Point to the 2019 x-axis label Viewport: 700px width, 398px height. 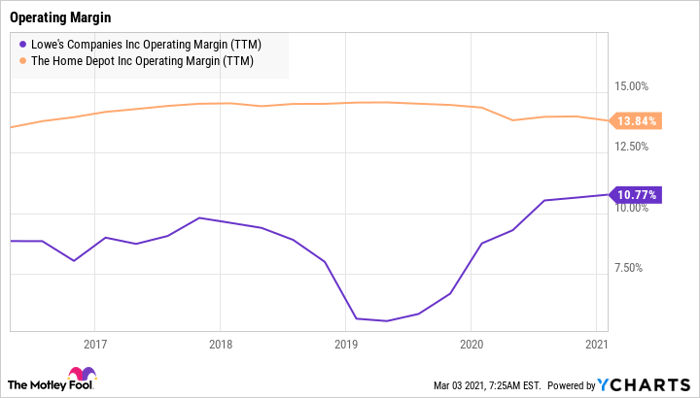point(345,345)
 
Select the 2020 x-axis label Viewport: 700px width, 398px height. point(471,345)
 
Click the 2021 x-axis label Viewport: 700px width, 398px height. point(597,345)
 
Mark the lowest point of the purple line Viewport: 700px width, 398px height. point(386,321)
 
